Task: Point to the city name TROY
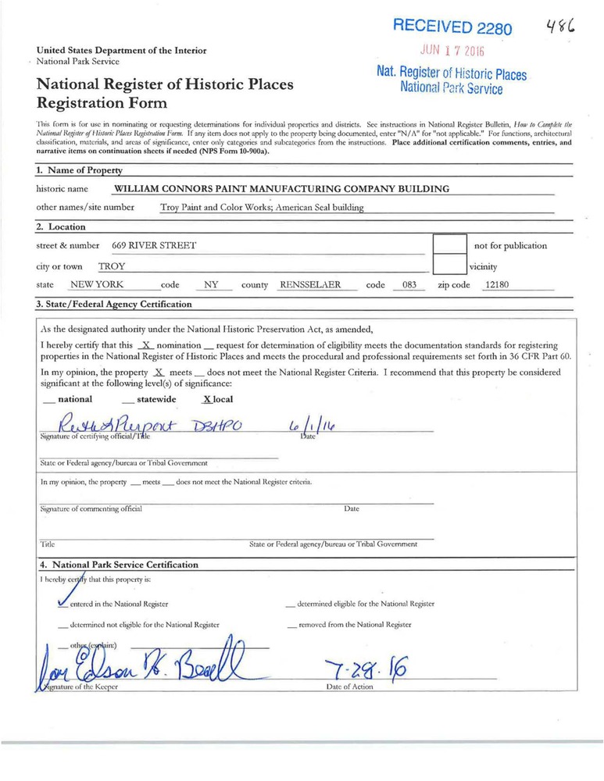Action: click(x=111, y=266)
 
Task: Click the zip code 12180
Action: click(x=497, y=285)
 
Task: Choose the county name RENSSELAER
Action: click(x=310, y=285)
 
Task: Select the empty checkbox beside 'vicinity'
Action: click(x=449, y=266)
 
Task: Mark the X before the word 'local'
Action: click(x=206, y=399)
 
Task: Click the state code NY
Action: click(x=211, y=285)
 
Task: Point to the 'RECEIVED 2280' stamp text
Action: click(x=452, y=27)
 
